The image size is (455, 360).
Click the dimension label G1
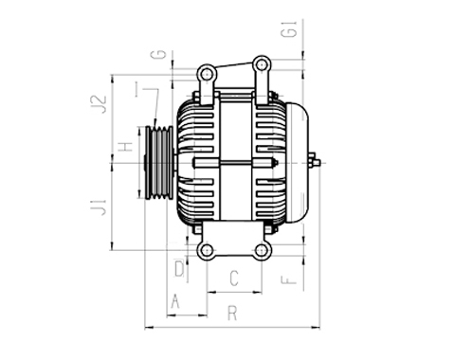click(290, 29)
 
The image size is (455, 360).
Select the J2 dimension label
click(99, 104)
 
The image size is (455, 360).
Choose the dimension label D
click(179, 268)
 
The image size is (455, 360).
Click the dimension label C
click(234, 278)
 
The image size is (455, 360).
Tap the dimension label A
click(175, 300)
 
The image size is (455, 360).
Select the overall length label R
click(232, 313)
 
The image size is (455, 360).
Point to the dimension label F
click(288, 279)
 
